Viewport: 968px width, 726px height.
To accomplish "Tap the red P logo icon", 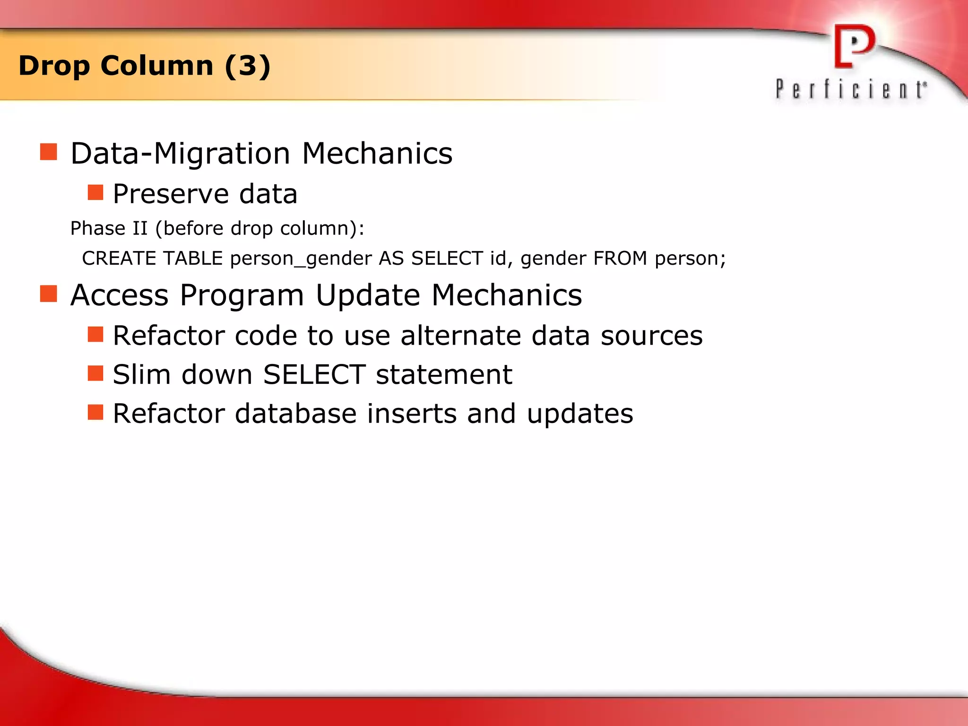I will (854, 46).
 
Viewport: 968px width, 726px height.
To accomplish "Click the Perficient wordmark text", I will (851, 89).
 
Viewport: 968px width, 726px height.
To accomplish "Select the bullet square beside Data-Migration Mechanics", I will (49, 152).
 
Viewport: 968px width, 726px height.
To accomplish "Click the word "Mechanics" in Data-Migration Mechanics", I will (377, 154).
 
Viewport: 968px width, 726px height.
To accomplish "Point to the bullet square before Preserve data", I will (95, 192).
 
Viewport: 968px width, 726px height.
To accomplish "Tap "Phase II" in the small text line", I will (109, 228).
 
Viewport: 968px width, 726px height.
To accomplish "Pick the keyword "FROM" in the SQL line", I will (620, 259).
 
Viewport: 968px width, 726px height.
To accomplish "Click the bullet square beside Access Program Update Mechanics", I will (49, 294).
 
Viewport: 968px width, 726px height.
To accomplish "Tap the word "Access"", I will (120, 295).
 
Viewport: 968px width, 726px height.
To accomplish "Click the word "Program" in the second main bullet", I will (242, 296).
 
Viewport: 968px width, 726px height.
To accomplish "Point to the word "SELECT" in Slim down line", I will (314, 374).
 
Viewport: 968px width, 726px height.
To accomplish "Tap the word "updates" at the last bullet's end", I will (579, 415).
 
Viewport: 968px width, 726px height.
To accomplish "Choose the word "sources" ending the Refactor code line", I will (651, 336).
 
